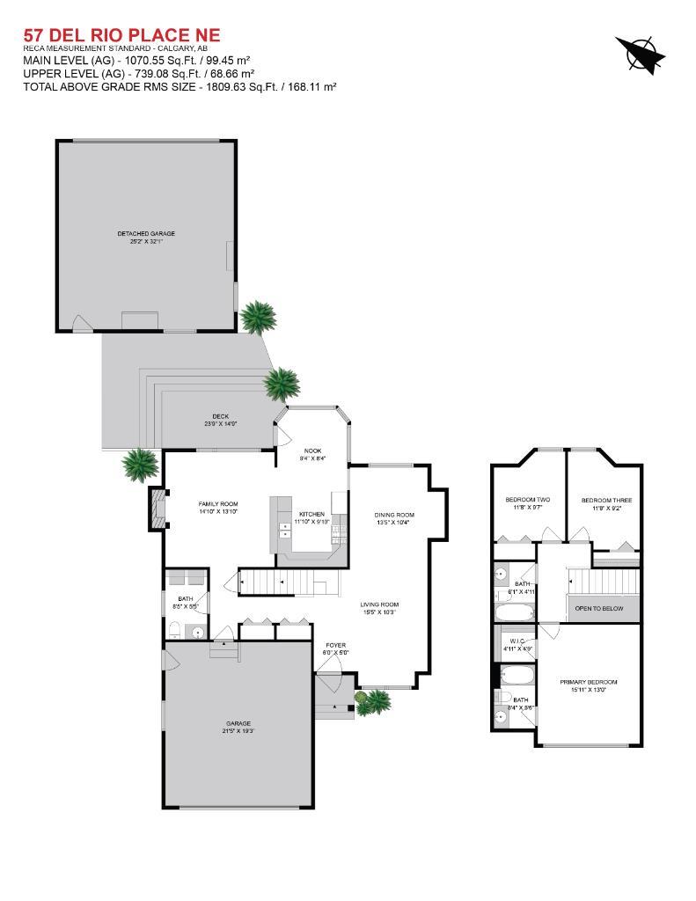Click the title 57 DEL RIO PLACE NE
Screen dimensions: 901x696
pyautogui.click(x=121, y=34)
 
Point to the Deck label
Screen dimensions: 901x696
pyautogui.click(x=220, y=420)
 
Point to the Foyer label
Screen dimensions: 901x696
pyautogui.click(x=336, y=648)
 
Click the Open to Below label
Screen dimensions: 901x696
pyautogui.click(x=599, y=608)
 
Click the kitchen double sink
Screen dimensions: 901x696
pyautogui.click(x=285, y=530)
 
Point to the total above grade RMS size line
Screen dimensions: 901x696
pyautogui.click(x=179, y=86)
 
